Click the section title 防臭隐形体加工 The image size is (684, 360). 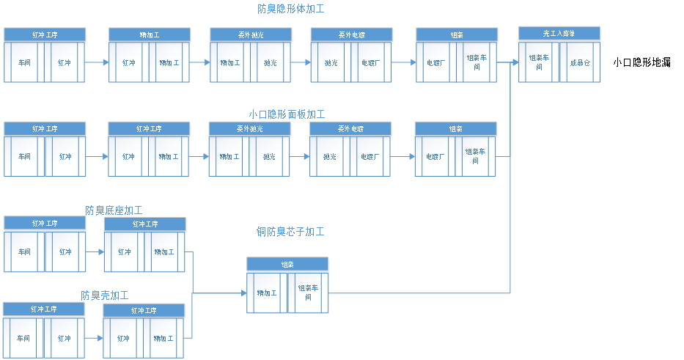[290, 10]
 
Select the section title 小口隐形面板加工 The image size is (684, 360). [287, 114]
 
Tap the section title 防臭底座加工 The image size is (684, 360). [114, 211]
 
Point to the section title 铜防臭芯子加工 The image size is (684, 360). [290, 232]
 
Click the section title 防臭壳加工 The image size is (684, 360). [105, 295]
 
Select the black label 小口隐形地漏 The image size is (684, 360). [642, 63]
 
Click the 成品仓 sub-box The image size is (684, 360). [579, 63]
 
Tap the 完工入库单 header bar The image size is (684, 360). [559, 33]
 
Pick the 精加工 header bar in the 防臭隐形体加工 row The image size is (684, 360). [150, 34]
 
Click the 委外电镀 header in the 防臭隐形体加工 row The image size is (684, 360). [351, 34]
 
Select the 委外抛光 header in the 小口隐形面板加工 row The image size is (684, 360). [249, 128]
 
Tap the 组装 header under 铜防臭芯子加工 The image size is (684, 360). [287, 264]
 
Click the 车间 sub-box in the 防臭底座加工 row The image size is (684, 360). [24, 252]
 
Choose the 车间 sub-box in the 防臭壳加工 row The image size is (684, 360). [24, 339]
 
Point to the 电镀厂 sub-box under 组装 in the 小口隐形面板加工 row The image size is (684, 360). [435, 156]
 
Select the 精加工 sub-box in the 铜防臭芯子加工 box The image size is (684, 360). [267, 293]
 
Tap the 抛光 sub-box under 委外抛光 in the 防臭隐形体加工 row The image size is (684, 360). [271, 63]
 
